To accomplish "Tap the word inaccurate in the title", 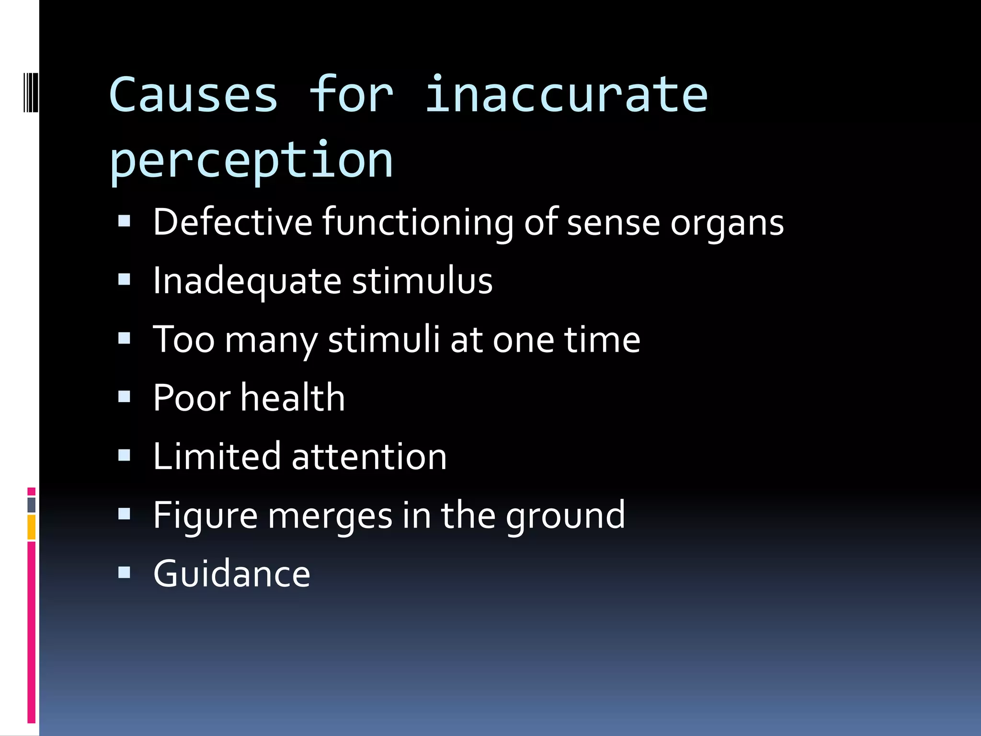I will pos(566,95).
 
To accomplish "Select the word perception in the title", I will pos(251,161).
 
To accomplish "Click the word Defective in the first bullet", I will pos(232,222).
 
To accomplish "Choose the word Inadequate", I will pos(247,281).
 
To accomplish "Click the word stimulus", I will pos(422,281).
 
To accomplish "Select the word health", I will pos(292,398).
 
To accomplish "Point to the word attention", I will pos(369,457).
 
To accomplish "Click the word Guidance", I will pos(232,574).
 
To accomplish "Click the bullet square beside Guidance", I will pos(124,573).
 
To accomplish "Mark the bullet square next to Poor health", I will pos(124,397).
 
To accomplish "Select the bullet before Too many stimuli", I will pos(124,338).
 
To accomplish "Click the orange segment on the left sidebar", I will pos(31,527).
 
